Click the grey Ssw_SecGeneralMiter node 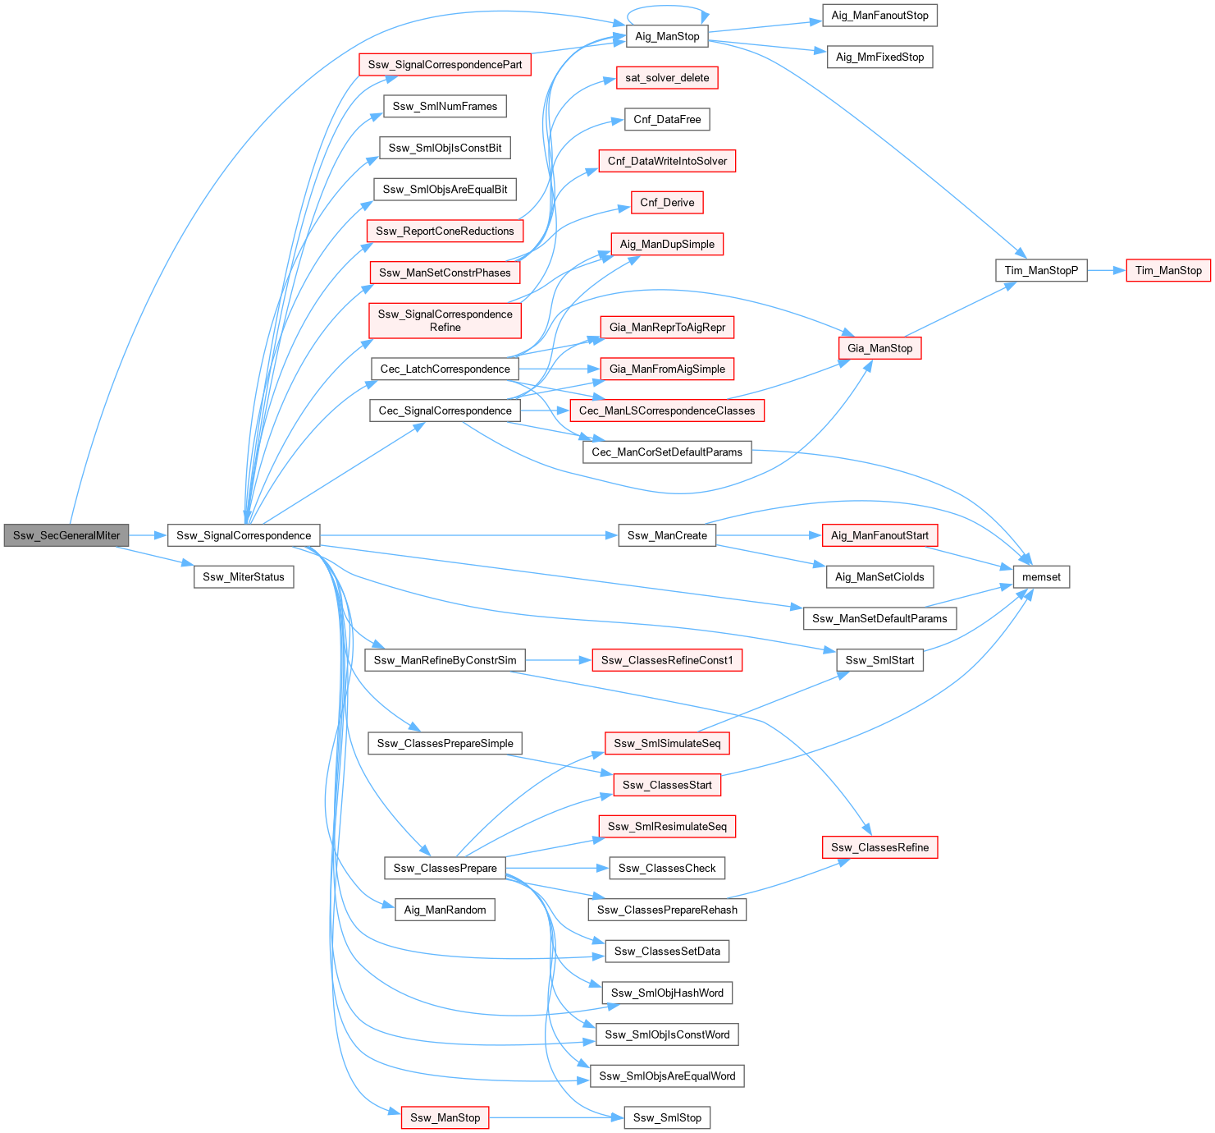[66, 535]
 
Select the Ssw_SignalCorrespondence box [244, 535]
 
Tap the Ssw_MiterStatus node [244, 577]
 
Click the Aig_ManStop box [667, 36]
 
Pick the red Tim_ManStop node [1168, 270]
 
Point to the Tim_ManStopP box [1041, 270]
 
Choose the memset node [1041, 577]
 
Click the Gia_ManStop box [879, 348]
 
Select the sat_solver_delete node [667, 78]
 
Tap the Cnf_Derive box [667, 203]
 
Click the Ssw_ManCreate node [667, 535]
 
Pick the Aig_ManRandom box [445, 910]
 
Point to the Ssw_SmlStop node [667, 1117]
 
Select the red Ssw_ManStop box [445, 1117]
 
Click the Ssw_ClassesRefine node [879, 847]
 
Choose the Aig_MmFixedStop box [879, 57]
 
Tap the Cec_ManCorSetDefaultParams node [667, 452]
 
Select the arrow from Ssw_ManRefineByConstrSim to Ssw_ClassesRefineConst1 [558, 660]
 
